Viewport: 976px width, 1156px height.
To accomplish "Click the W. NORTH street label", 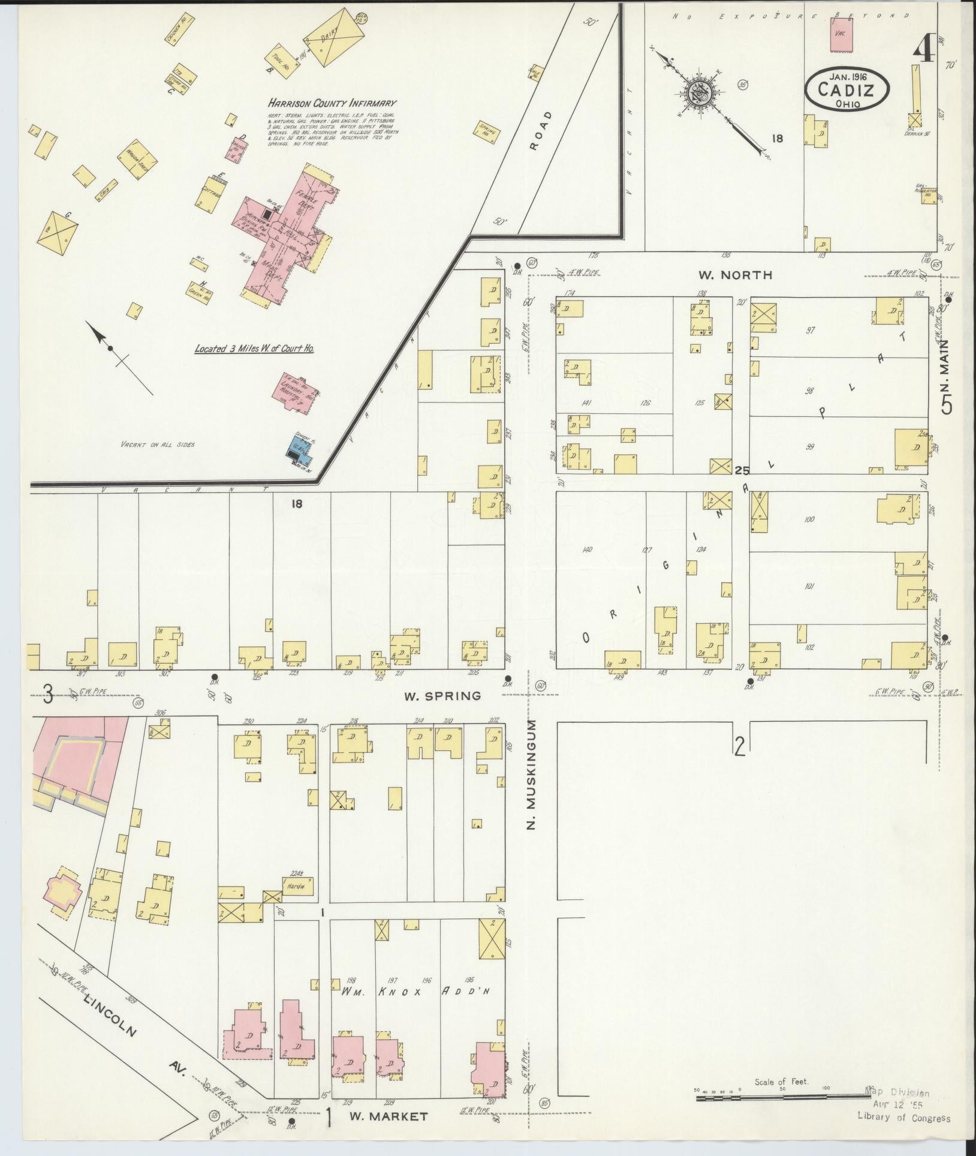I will point(735,275).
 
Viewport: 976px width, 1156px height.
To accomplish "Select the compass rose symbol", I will point(703,94).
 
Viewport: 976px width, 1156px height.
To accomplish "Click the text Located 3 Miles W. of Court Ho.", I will point(255,348).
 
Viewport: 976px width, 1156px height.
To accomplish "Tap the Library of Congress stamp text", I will point(903,1117).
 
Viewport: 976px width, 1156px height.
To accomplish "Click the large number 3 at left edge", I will point(48,696).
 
